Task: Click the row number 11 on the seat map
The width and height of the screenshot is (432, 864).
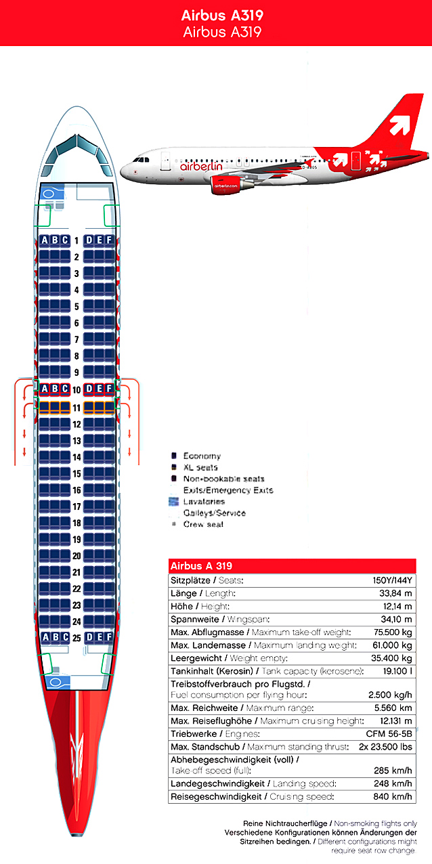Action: [77, 408]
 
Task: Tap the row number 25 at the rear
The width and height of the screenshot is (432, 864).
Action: [77, 637]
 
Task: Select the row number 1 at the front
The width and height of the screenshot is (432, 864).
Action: [77, 240]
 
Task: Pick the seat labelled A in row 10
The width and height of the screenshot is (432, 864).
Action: [45, 389]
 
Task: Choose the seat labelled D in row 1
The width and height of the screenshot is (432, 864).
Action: [89, 240]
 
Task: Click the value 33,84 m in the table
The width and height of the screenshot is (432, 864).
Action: [396, 593]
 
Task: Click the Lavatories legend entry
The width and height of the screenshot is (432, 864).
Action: [204, 502]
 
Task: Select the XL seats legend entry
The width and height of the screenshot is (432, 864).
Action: [200, 468]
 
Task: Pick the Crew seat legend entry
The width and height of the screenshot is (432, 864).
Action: [203, 524]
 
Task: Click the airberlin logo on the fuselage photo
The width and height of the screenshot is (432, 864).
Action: [201, 166]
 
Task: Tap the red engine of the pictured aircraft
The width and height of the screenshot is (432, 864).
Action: [228, 183]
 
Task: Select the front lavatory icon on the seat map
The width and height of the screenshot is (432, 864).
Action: [49, 194]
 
